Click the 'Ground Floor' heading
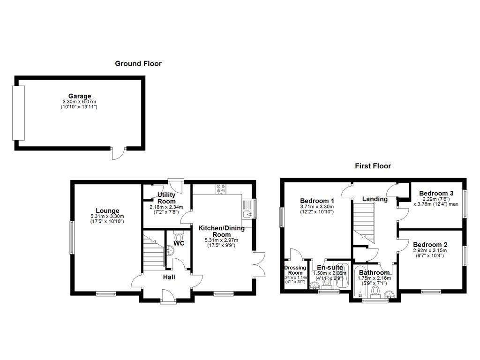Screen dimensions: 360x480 pos(138,63)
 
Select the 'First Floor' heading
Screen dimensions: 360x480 pos(373,165)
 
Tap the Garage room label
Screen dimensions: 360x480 pos(79,96)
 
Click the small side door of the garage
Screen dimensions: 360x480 pos(119,152)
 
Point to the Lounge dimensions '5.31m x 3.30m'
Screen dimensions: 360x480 pos(108,216)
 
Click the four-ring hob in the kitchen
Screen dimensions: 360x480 pos(221,189)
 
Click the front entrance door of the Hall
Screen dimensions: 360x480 pos(167,297)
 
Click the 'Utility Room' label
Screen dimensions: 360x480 pos(166,198)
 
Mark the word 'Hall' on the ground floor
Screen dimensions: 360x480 pos(169,277)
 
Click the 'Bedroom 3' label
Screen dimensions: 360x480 pos(436,193)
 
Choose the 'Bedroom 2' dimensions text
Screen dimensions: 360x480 pos(430,253)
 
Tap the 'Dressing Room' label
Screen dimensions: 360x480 pos(295,270)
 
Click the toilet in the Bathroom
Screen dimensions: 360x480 pos(375,292)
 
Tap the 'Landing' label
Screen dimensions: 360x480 pos(375,199)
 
